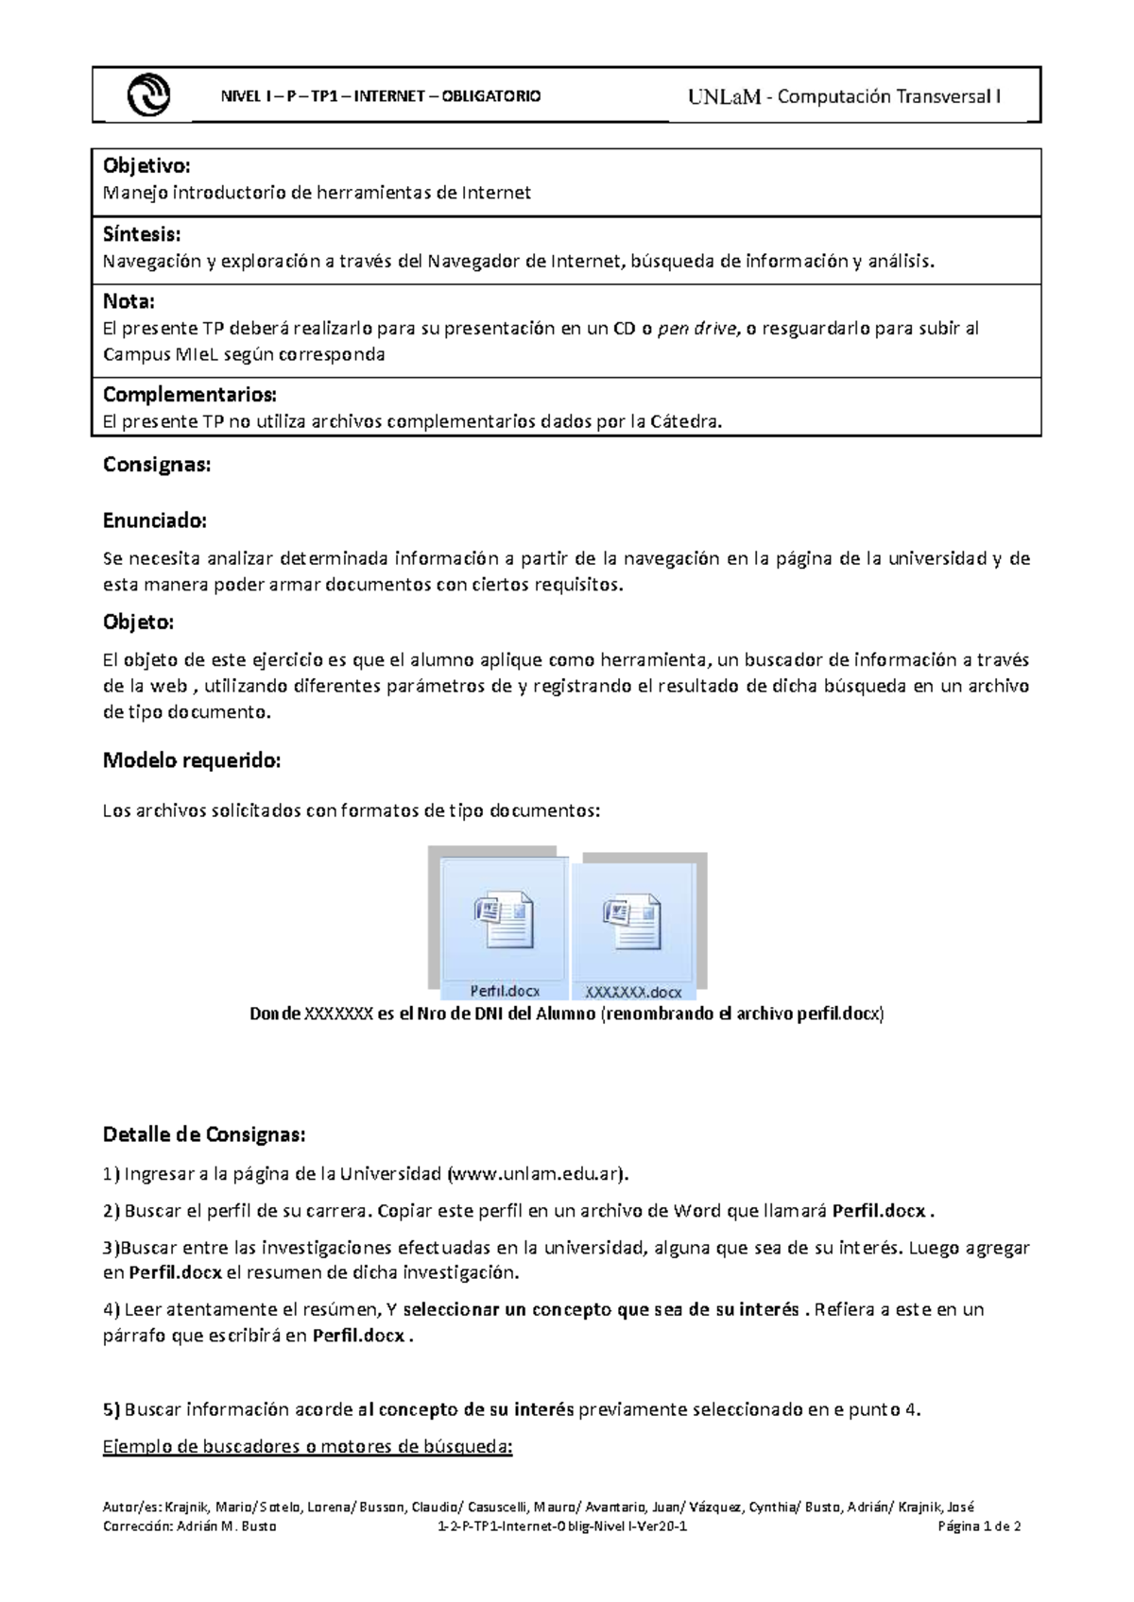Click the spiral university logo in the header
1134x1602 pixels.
pyautogui.click(x=148, y=95)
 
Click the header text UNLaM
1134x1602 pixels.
pyautogui.click(x=724, y=96)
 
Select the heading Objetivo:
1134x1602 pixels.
pyautogui.click(x=146, y=166)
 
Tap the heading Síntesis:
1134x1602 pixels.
pyautogui.click(x=142, y=234)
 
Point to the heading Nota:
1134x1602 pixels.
pyautogui.click(x=129, y=302)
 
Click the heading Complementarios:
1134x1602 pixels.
pyautogui.click(x=189, y=395)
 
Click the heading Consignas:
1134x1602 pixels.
pyautogui.click(x=157, y=465)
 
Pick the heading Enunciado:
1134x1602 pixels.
pyautogui.click(x=154, y=520)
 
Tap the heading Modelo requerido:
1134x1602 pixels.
pyautogui.click(x=192, y=760)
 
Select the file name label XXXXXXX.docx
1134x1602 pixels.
pyautogui.click(x=632, y=993)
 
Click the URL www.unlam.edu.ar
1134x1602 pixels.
pyautogui.click(x=536, y=1174)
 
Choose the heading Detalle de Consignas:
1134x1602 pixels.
pyautogui.click(x=204, y=1134)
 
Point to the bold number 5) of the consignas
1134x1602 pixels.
pyautogui.click(x=112, y=1410)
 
